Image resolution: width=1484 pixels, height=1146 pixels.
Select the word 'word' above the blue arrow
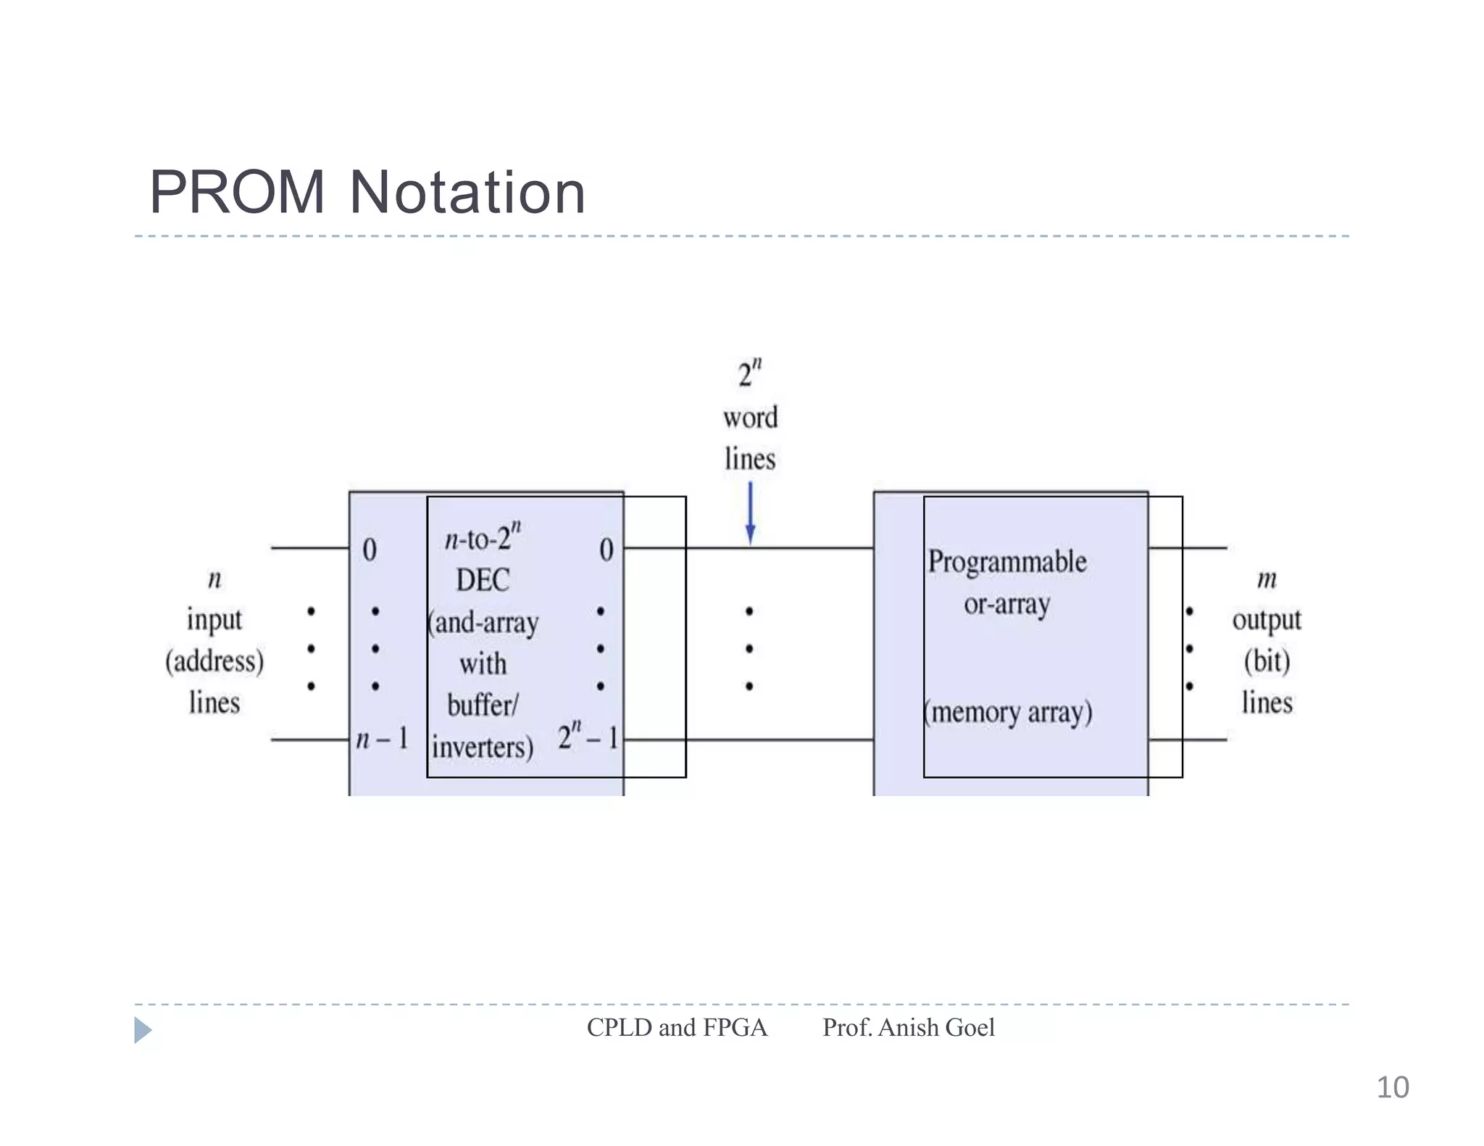pos(750,418)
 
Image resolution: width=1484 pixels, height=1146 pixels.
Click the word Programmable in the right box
pos(1007,562)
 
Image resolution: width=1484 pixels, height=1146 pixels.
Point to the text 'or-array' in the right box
pos(1006,604)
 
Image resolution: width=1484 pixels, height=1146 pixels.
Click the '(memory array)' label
pos(1008,713)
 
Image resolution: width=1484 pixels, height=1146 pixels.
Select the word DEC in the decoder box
pos(483,580)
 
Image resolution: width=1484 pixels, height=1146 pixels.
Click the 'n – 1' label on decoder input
pos(382,739)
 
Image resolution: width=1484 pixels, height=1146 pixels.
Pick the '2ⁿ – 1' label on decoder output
pos(588,737)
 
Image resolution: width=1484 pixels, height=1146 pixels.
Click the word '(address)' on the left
pos(214,661)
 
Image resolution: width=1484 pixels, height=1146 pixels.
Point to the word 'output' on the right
pos(1267,620)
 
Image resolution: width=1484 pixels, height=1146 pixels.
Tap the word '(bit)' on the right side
pos(1267,661)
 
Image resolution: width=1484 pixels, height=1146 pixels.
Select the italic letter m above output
pos(1267,580)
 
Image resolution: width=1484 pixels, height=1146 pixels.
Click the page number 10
pos(1392,1087)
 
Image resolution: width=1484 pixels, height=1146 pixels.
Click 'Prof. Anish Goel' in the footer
pos(908,1028)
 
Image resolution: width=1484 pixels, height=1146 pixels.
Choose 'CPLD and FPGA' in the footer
pos(677,1028)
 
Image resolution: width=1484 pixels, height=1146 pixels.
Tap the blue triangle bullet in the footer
pos(142,1029)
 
